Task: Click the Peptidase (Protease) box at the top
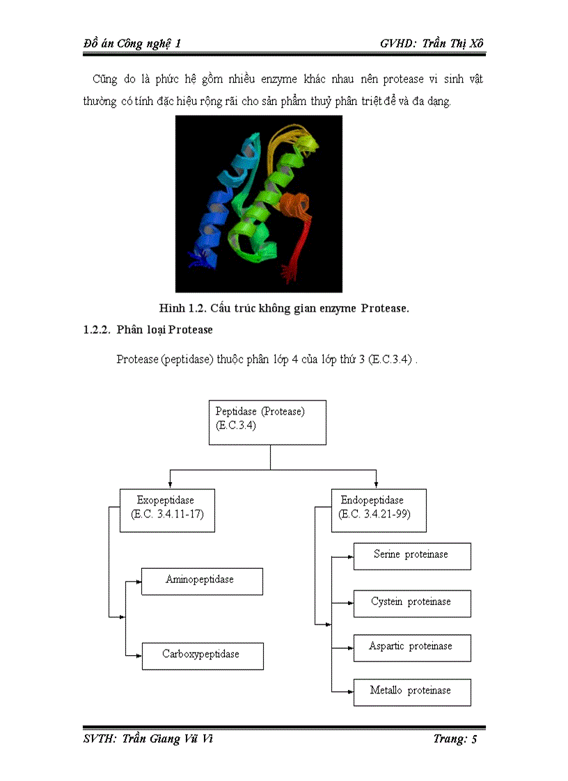point(267,422)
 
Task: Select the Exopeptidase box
point(167,510)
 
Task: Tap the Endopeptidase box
point(379,510)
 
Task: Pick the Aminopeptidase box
point(202,581)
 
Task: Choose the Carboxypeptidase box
point(203,656)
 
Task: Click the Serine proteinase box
point(412,556)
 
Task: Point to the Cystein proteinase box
point(412,603)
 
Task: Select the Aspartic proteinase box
point(412,647)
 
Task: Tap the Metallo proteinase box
point(412,692)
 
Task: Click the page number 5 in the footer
point(474,739)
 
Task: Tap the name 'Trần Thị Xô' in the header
point(452,43)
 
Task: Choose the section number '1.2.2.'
point(97,330)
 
